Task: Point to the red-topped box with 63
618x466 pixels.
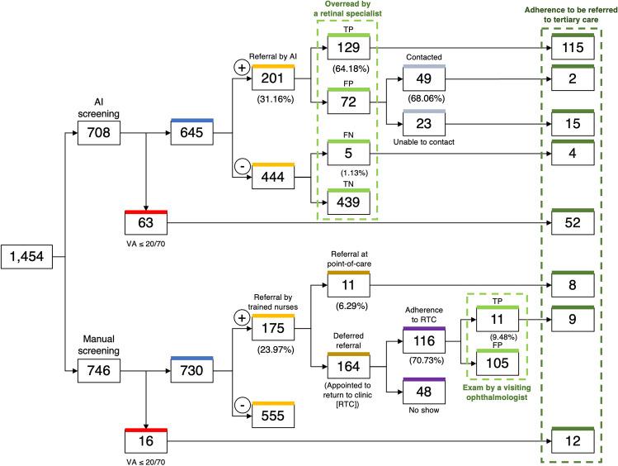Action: [146, 222]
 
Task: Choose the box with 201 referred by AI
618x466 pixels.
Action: [273, 78]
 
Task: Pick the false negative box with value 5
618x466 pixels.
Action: [348, 152]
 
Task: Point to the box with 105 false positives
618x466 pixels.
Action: [497, 361]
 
